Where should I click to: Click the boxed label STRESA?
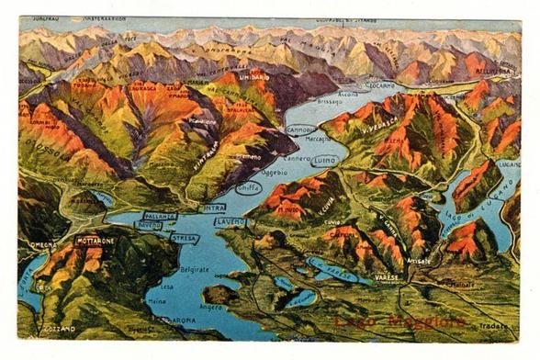184,239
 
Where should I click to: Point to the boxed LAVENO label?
231,221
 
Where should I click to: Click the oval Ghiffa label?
249,187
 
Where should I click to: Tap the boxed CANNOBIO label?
299,129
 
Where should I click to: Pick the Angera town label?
211,307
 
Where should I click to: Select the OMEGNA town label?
42,244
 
